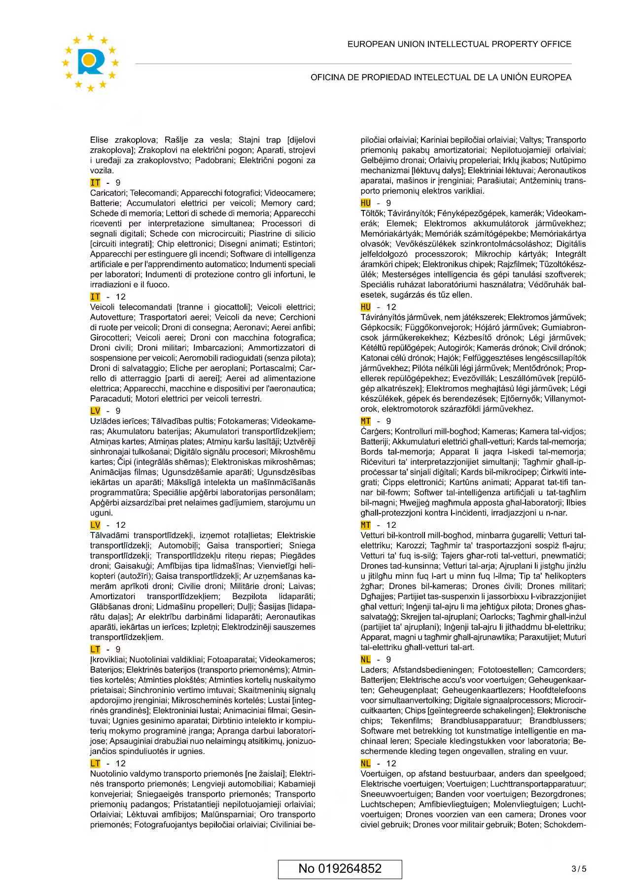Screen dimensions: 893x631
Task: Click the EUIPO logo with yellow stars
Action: [x=90, y=62]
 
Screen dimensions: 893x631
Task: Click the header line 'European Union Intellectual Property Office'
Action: [x=459, y=44]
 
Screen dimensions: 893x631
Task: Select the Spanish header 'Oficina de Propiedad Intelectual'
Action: [x=441, y=77]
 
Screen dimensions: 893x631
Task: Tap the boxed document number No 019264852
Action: [x=340, y=868]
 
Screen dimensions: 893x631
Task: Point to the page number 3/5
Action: [x=579, y=869]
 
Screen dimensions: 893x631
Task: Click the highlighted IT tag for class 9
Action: [x=95, y=183]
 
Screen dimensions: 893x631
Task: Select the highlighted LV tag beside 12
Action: [x=95, y=525]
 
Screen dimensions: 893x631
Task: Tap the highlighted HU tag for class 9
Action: [x=365, y=203]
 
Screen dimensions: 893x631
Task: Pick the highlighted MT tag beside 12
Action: [x=365, y=525]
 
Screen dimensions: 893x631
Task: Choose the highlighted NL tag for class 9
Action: [x=365, y=659]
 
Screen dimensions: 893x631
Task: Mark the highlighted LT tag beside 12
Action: [x=95, y=763]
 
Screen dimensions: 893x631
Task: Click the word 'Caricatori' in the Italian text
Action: [x=108, y=193]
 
